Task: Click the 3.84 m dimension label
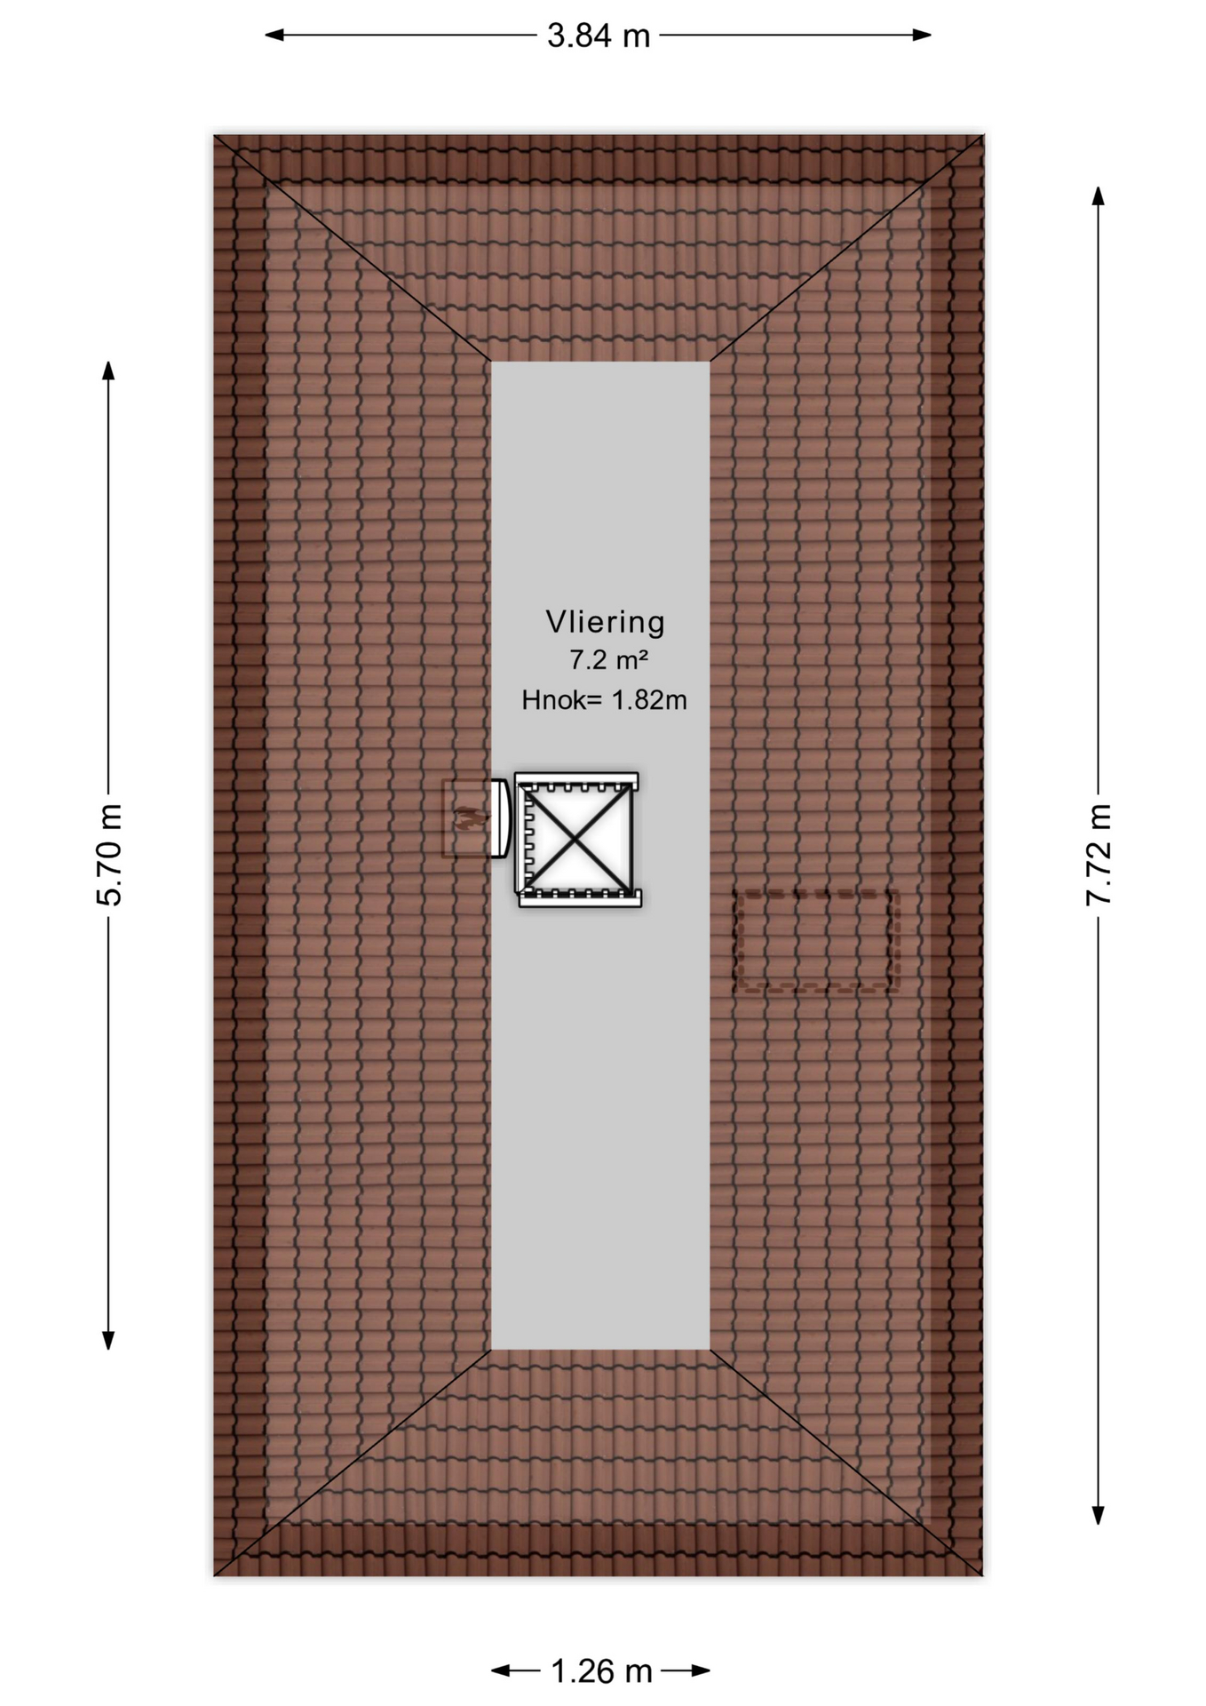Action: coord(599,36)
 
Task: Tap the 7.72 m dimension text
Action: coord(1099,855)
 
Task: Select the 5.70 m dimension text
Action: coord(109,855)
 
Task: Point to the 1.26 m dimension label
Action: coord(601,1671)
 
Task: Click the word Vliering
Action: coord(605,622)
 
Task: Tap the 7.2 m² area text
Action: coord(608,660)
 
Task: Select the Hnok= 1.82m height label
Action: coord(604,700)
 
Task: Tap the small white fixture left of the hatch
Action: coord(500,818)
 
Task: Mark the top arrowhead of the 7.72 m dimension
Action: coord(1099,196)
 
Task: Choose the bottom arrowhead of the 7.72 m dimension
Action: coord(1099,1516)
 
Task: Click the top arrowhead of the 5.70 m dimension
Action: coord(108,371)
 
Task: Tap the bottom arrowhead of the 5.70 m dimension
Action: coord(108,1341)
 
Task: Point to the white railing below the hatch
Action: coord(580,898)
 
